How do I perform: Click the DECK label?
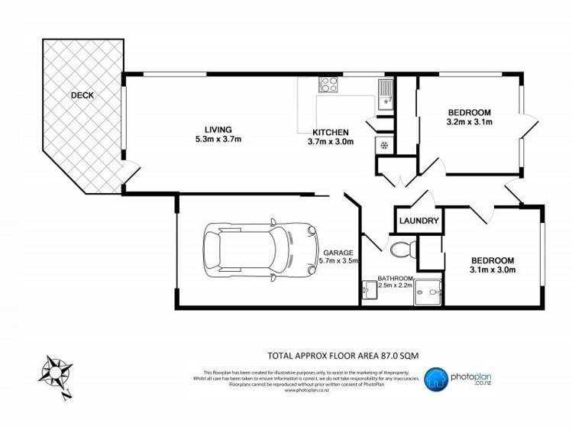pos(82,95)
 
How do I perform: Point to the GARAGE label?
pos(338,253)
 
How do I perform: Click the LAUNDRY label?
pos(418,221)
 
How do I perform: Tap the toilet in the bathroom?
pos(400,248)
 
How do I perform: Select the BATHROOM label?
pos(396,279)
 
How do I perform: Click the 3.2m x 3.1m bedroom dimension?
pos(469,121)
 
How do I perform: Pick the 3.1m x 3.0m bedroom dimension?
pos(493,269)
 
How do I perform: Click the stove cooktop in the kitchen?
pos(329,84)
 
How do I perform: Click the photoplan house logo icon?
pos(436,377)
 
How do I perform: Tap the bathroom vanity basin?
pos(370,289)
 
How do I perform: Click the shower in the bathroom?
pos(428,289)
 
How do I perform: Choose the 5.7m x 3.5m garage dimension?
pos(338,261)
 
